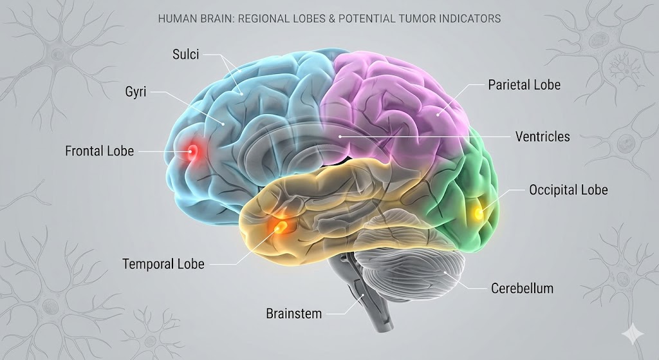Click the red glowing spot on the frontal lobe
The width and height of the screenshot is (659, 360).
click(x=192, y=152)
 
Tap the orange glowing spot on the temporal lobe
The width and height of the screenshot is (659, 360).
click(x=281, y=225)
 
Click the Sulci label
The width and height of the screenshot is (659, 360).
click(x=186, y=55)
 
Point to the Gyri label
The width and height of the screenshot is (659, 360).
click(x=136, y=92)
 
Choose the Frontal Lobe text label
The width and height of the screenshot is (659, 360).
click(x=99, y=151)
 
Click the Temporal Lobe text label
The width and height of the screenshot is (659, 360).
click(x=163, y=264)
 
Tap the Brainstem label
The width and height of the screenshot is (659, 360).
click(x=293, y=314)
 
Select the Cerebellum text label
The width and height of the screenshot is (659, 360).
click(x=522, y=289)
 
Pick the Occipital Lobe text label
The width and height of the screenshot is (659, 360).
click(x=568, y=190)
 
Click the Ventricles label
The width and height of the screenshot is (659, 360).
click(x=543, y=137)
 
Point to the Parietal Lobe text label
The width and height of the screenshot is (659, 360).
click(x=524, y=85)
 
